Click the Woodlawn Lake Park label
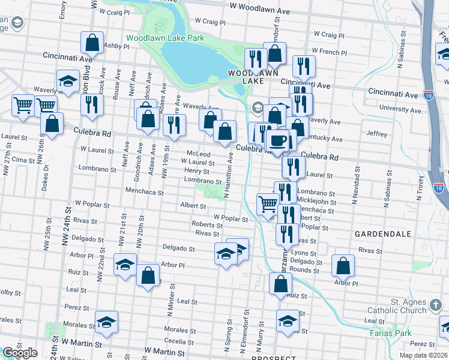pyautogui.click(x=165, y=38)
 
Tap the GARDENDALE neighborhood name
pyautogui.click(x=383, y=233)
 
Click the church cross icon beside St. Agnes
pyautogui.click(x=436, y=307)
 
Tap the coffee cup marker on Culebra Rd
pyautogui.click(x=277, y=141)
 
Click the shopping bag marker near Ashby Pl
pyautogui.click(x=92, y=43)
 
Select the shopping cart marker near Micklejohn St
pyautogui.click(x=268, y=204)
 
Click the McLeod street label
pyautogui.click(x=199, y=154)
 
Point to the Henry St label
pyautogui.click(x=196, y=171)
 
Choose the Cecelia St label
pyautogui.click(x=179, y=341)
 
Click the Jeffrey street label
pyautogui.click(x=377, y=134)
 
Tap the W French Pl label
pyautogui.click(x=326, y=52)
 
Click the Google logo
pyautogui.click(x=20, y=353)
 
